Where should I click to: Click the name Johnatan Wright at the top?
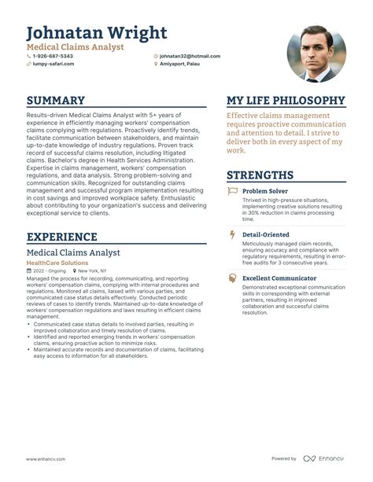tap(97, 33)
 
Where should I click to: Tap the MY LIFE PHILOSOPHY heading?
tap(286, 101)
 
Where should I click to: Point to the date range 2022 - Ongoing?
tap(49, 270)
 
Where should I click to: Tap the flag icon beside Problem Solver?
tap(232, 191)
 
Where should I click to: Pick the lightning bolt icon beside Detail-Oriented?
tap(232, 234)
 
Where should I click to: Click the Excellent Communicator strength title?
tap(279, 278)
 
